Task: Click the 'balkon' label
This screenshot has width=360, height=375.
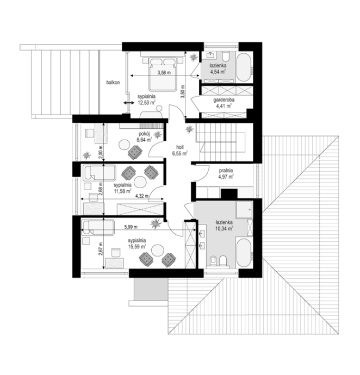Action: click(x=113, y=83)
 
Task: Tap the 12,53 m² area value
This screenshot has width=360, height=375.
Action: click(x=146, y=103)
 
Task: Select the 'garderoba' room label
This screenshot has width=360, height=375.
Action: click(x=224, y=100)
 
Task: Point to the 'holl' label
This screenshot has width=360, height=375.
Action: click(x=180, y=147)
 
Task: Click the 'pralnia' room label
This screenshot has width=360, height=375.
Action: click(x=226, y=171)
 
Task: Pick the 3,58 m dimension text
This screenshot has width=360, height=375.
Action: click(x=164, y=72)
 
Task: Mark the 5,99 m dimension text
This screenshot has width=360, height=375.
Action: click(x=131, y=227)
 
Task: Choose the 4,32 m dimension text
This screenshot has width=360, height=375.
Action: click(x=142, y=196)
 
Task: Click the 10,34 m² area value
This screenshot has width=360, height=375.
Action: click(x=224, y=229)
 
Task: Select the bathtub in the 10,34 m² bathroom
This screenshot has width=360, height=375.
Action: click(x=244, y=253)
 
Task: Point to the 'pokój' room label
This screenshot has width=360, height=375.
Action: click(x=144, y=134)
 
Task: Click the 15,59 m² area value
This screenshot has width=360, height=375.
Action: click(x=137, y=247)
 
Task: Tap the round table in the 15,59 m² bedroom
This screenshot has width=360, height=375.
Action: click(x=158, y=251)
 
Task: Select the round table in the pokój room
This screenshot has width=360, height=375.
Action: click(x=125, y=145)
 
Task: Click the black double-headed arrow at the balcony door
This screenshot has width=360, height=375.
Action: click(x=129, y=103)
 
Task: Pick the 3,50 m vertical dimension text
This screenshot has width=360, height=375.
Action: click(x=183, y=92)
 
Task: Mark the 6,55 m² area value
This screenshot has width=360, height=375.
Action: click(x=180, y=154)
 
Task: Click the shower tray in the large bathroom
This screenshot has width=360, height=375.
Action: click(x=244, y=209)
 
